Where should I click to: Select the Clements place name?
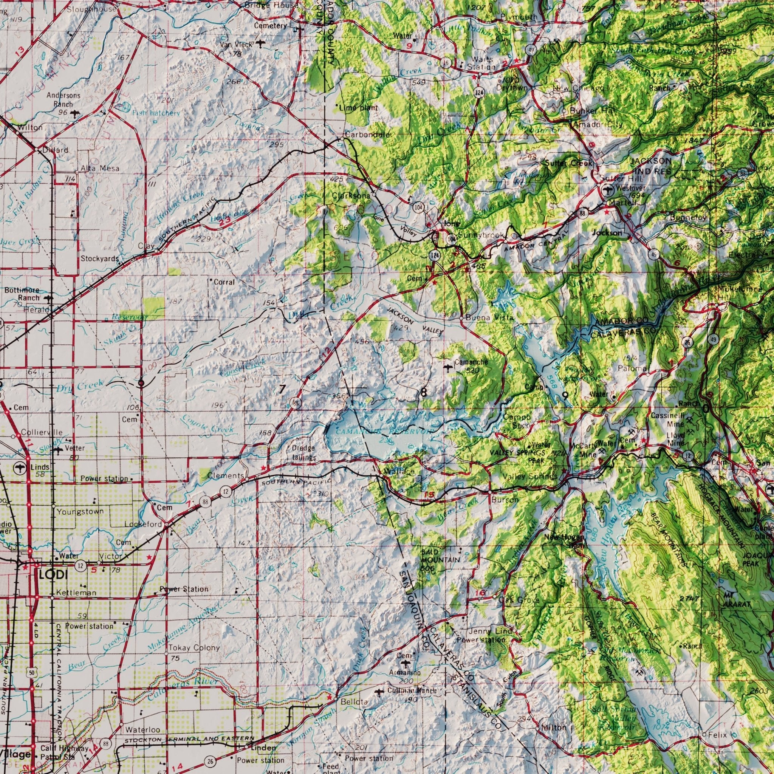pyautogui.click(x=226, y=475)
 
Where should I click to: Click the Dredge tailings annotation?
pyautogui.click(x=303, y=453)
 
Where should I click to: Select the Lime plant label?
pyautogui.click(x=358, y=108)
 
